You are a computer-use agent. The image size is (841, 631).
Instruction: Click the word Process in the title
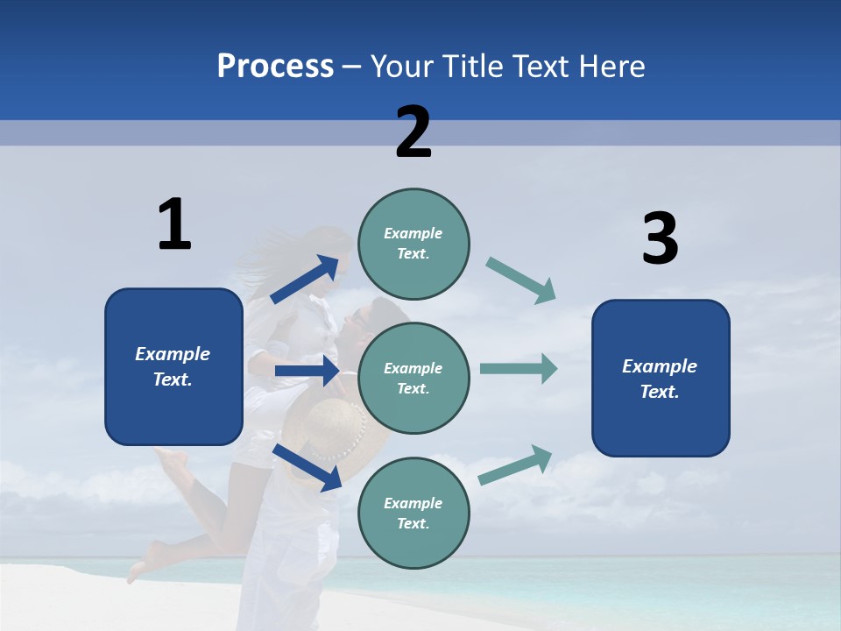coord(275,67)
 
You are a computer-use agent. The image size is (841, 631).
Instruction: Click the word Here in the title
coord(610,67)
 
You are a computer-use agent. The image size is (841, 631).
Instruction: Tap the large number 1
coord(174,224)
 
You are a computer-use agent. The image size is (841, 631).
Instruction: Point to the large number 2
coord(413,132)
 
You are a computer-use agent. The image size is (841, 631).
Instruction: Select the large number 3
coord(660,239)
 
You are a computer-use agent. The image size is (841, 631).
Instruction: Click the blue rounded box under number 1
coord(173,366)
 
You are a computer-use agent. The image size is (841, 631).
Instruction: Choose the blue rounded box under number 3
coord(661,378)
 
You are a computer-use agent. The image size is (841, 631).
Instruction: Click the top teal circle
coord(413,244)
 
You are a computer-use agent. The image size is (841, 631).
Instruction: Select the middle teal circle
coord(413,378)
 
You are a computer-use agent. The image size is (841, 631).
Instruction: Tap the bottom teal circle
coord(413,513)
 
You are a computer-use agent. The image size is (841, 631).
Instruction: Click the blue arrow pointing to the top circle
coord(305,279)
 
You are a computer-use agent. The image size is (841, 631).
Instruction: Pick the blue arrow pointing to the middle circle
coord(307,371)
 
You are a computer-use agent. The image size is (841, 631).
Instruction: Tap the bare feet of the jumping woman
coord(145,561)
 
